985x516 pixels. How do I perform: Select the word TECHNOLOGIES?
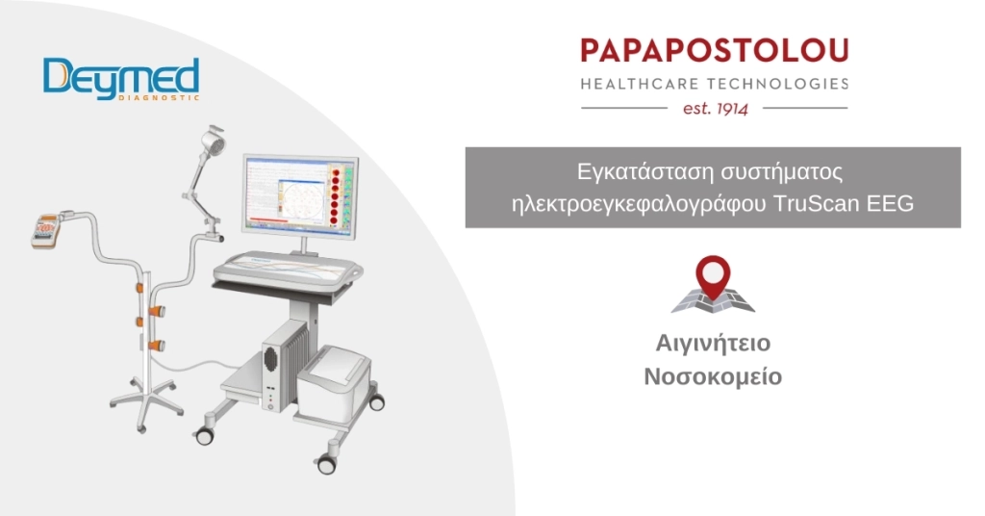781,84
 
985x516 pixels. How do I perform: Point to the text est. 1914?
713,109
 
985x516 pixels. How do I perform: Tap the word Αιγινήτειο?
712,344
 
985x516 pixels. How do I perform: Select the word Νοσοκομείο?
712,376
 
